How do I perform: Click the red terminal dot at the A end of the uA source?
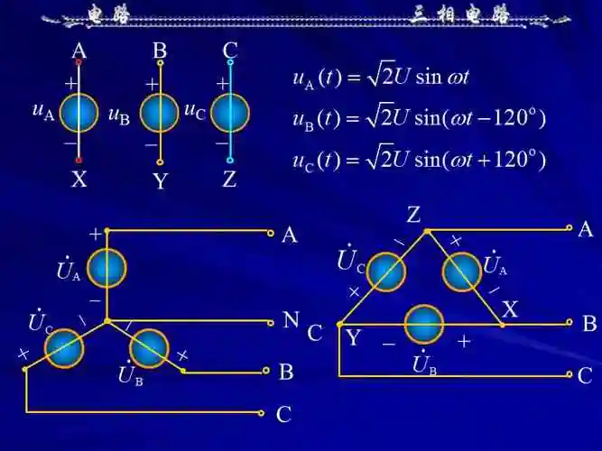click(79, 62)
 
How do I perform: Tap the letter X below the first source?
click(79, 179)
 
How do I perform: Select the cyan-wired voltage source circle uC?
click(230, 113)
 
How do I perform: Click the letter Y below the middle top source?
click(161, 180)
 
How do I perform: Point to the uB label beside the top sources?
click(119, 115)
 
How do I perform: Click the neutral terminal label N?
click(291, 319)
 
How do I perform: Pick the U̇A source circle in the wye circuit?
click(107, 268)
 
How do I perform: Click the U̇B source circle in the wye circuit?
click(149, 348)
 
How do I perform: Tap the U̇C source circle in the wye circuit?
click(64, 348)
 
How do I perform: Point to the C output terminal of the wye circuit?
click(262, 413)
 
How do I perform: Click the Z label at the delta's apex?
click(413, 215)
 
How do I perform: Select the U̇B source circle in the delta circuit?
click(424, 325)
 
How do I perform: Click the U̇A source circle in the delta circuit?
click(462, 272)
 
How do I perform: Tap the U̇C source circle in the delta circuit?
click(386, 272)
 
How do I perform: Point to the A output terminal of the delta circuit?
click(570, 228)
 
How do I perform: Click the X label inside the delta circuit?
click(510, 309)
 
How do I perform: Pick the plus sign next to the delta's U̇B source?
click(464, 341)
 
